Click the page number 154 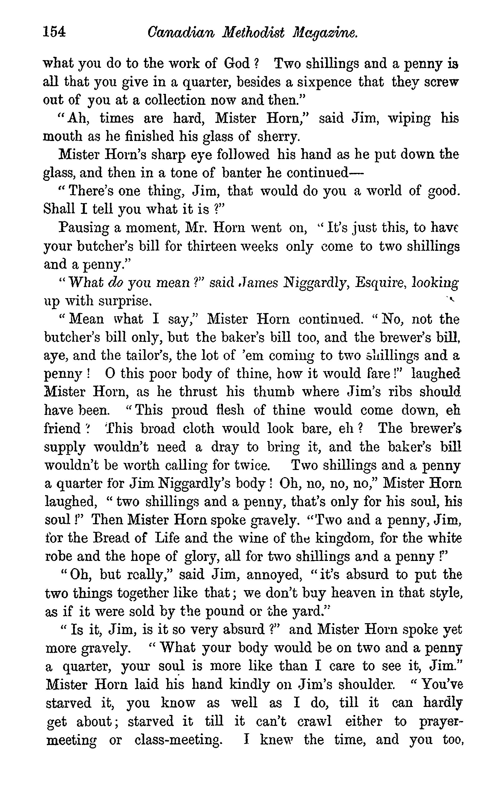click(54, 32)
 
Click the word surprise click(126, 301)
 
